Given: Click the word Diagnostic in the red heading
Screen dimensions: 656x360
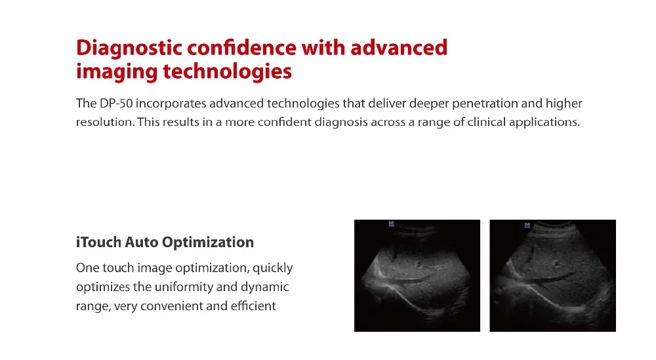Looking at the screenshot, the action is pos(129,49).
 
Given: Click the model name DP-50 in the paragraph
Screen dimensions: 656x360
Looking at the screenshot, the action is pos(116,103).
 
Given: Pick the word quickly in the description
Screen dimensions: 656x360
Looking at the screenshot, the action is pos(272,268).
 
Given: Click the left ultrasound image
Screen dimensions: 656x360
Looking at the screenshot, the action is pos(417,275).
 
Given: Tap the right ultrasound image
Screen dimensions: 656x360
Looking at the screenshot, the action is pos(552,275).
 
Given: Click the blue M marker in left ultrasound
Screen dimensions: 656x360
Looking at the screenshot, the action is pos(391,224).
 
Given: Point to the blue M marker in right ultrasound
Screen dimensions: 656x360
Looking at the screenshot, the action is pos(527,226).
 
